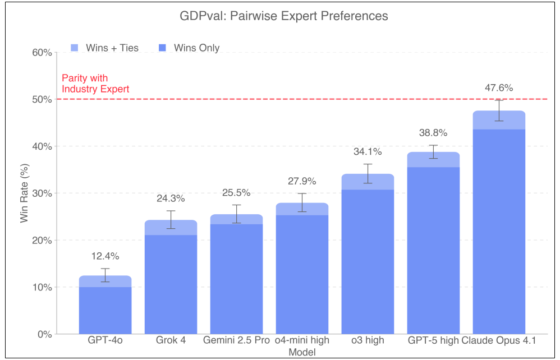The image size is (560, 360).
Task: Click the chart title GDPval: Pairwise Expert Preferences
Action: pyautogui.click(x=284, y=16)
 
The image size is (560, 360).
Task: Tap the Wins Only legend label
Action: pyautogui.click(x=196, y=48)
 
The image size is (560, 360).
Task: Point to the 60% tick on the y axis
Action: pyautogui.click(x=42, y=53)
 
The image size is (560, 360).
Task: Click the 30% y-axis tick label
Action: pyautogui.click(x=42, y=193)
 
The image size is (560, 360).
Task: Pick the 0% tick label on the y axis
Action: pyautogui.click(x=44, y=334)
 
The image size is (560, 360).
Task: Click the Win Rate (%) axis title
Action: pyautogui.click(x=24, y=193)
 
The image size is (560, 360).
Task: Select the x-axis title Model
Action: pyautogui.click(x=302, y=352)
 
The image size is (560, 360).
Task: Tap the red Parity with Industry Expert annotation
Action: pyautogui.click(x=95, y=84)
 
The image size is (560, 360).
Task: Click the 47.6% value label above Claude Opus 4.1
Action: pyautogui.click(x=499, y=87)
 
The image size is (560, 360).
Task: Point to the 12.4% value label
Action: pyautogui.click(x=105, y=256)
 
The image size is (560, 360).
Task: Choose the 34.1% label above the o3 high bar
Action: pyautogui.click(x=368, y=151)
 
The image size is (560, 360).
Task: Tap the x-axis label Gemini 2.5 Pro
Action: pyautogui.click(x=236, y=340)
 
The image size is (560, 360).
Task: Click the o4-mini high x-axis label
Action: pyautogui.click(x=302, y=340)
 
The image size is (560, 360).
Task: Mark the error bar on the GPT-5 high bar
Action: pyautogui.click(x=433, y=151)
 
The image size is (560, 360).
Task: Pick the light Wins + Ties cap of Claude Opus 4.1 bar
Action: pyautogui.click(x=499, y=120)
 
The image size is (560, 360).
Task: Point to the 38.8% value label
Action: pyautogui.click(x=433, y=133)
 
